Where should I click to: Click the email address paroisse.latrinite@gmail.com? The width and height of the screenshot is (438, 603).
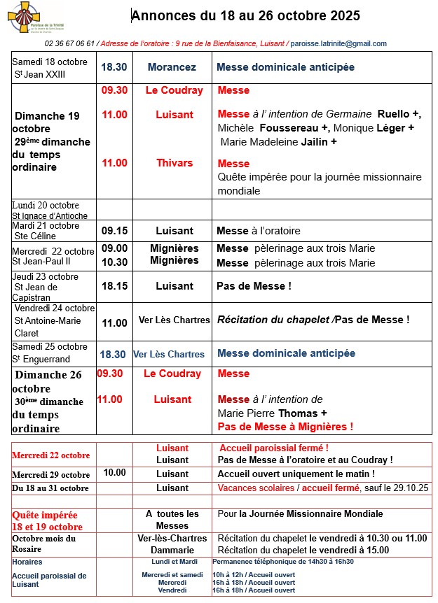338,43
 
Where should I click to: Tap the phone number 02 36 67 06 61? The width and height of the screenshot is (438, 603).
70,43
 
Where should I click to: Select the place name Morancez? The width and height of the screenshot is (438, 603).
172,68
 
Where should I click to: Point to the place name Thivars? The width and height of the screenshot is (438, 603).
174,163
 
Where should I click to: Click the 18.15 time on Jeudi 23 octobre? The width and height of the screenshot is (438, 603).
115,286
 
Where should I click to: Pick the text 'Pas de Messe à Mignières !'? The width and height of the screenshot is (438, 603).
285,427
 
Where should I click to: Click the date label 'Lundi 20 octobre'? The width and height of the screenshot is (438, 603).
44,205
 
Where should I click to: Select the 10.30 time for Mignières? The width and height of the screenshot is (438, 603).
115,262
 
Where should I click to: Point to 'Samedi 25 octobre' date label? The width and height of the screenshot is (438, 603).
50,347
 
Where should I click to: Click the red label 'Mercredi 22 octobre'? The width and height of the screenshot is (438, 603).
50,455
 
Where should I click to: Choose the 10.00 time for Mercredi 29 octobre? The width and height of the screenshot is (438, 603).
115,473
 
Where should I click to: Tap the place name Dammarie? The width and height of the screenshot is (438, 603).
172,550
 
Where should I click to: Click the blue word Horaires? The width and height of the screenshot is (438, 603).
27,562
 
